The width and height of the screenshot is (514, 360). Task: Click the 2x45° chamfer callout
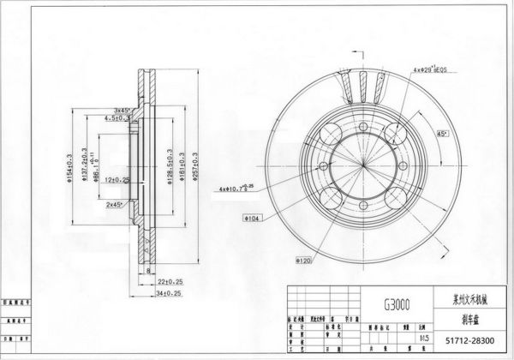tap(114, 206)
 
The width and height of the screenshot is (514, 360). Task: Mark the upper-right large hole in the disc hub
tap(396, 131)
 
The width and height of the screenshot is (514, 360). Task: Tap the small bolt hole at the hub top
tap(361, 124)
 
